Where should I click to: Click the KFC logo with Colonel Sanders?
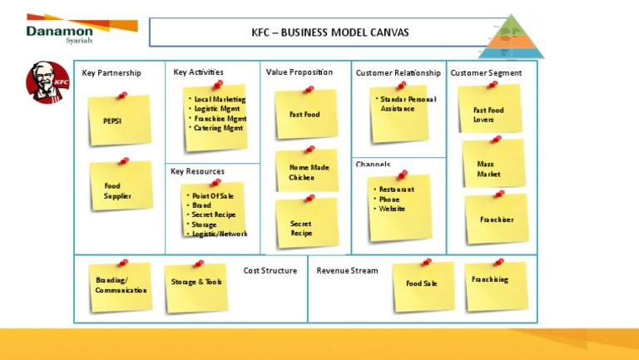(x=47, y=83)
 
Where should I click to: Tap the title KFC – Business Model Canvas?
(x=319, y=32)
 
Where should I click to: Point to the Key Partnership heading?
(x=111, y=73)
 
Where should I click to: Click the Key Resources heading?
(x=197, y=171)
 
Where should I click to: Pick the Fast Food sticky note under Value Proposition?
(x=305, y=114)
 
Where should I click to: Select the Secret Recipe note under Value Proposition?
(x=305, y=227)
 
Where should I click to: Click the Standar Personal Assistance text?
(x=408, y=104)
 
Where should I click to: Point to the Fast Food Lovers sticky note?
(x=490, y=114)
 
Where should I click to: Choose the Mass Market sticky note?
(x=493, y=168)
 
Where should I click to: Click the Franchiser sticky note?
(x=497, y=219)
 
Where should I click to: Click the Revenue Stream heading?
(x=347, y=270)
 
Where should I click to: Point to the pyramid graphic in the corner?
(x=512, y=37)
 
